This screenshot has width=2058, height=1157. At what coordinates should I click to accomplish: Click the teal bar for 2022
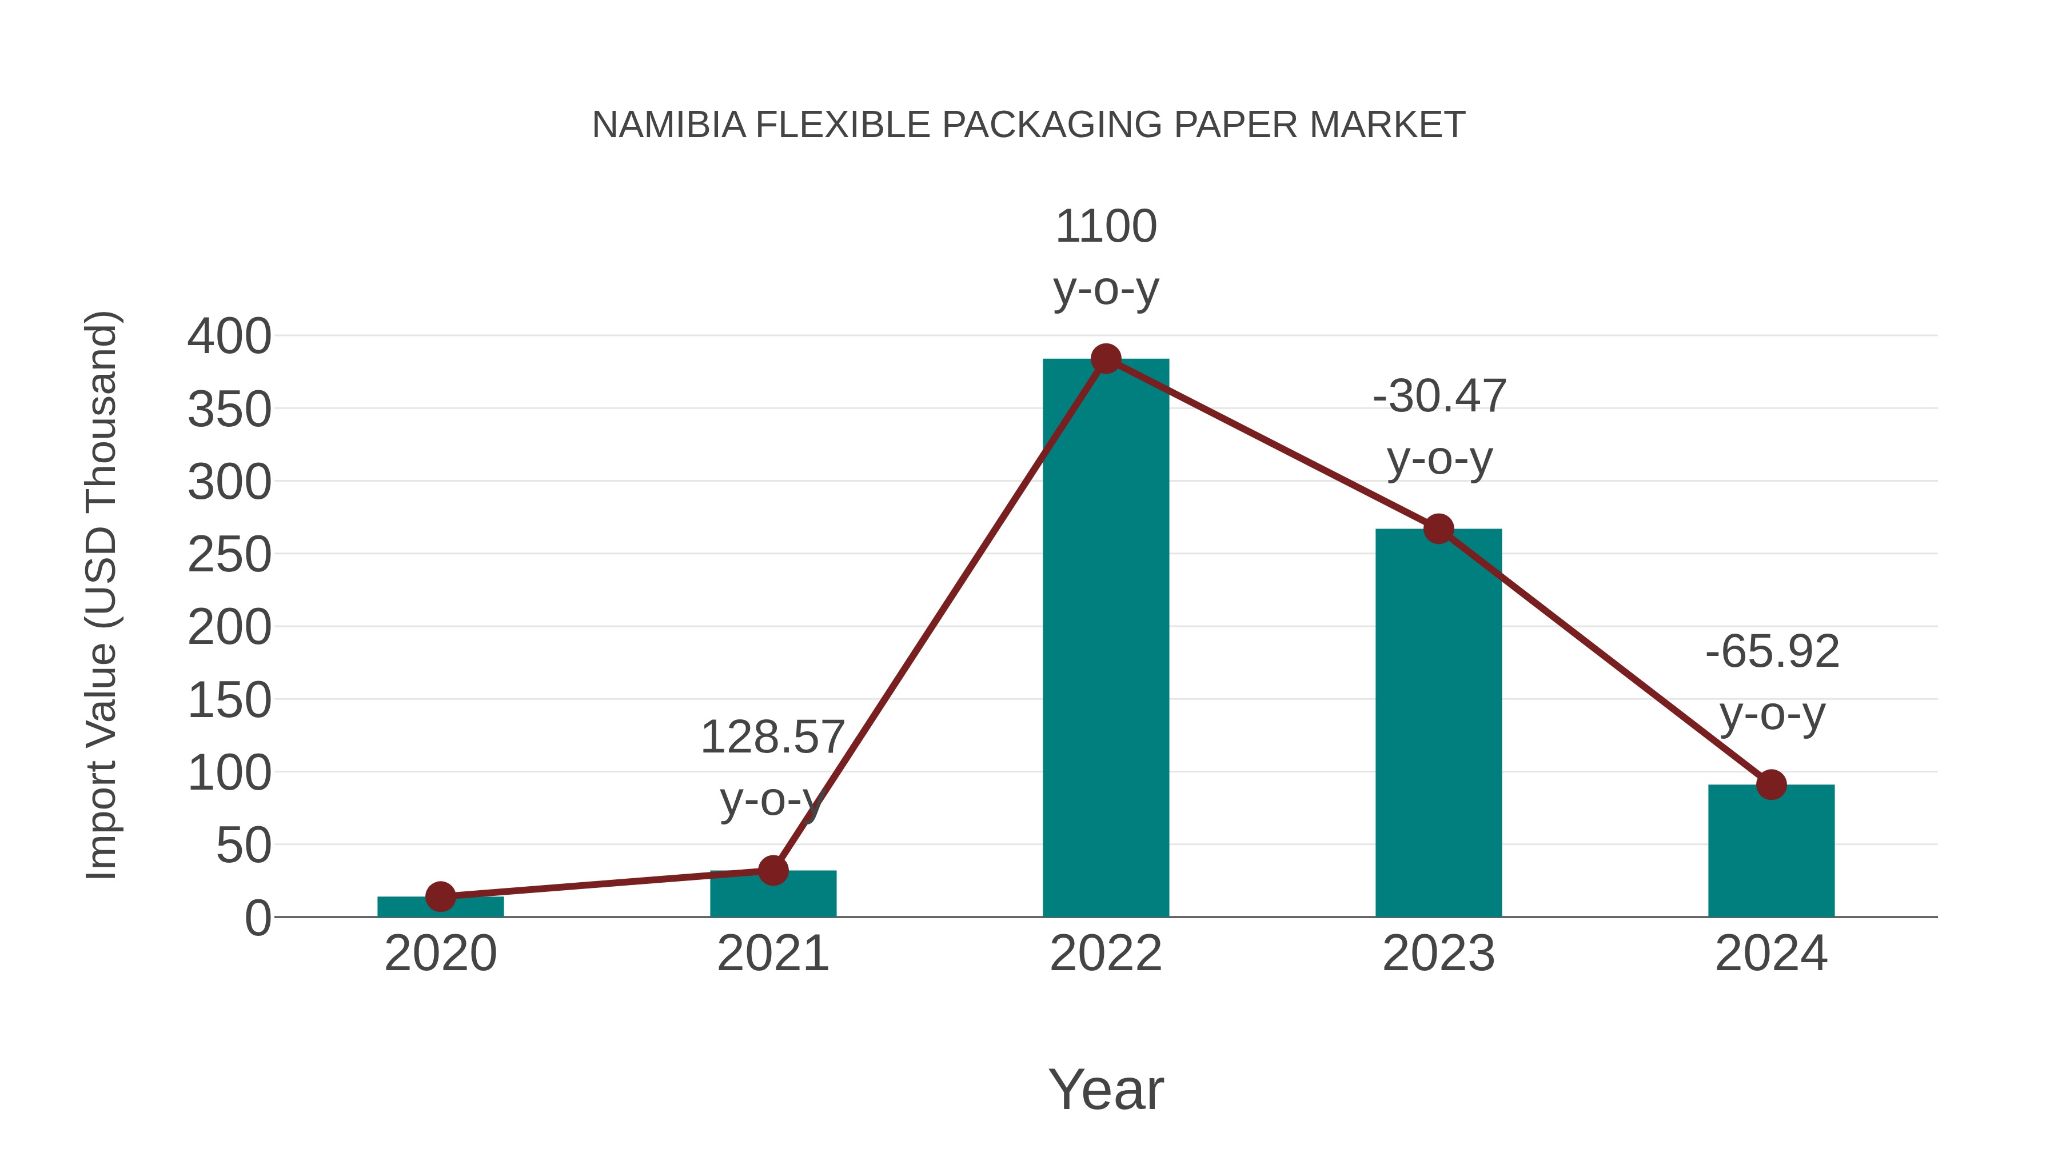tap(1106, 639)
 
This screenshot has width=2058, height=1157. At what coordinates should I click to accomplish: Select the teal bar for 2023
tap(1438, 723)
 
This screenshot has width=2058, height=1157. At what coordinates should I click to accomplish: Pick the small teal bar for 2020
tap(440, 907)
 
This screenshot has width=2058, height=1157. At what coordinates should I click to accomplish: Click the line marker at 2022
tap(1106, 359)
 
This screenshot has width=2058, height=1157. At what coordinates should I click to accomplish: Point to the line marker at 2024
tap(1771, 785)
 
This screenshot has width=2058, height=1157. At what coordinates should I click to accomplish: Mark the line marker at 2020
tap(440, 896)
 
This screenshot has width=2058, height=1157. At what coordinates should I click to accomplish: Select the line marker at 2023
tap(1438, 529)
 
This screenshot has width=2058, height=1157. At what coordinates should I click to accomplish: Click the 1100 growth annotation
tap(1106, 227)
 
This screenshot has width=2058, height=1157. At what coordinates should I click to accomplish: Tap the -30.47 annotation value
tap(1439, 397)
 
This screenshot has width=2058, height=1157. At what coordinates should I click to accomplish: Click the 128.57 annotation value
tap(772, 737)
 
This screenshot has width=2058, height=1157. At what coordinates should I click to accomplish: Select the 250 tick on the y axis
tap(229, 555)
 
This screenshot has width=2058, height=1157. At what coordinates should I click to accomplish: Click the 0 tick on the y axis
tap(257, 918)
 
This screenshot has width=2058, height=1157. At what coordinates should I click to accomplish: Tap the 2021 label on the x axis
tap(772, 954)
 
